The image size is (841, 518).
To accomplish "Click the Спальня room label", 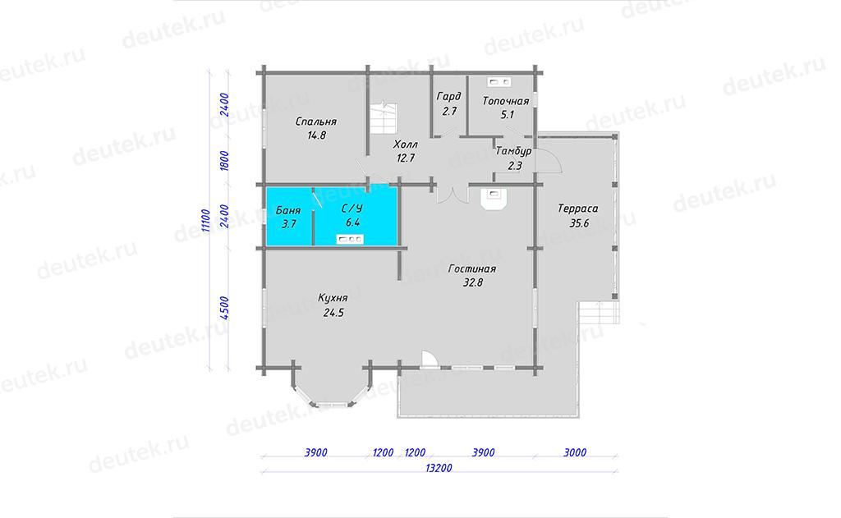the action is pos(316,121).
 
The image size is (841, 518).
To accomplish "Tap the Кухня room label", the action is pos(333,298).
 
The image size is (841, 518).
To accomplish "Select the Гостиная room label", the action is pos(472,268).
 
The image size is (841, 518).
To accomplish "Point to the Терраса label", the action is pos(577,209).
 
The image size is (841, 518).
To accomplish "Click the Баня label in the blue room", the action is pos(288,210).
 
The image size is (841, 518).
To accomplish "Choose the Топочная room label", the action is pos(506,101).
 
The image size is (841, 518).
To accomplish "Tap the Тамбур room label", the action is pos(513,151).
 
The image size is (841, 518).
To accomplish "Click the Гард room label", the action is pos(449,97).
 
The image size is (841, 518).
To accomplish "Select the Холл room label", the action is pos(405,144).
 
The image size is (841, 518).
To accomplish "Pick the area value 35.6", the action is pos(579,223).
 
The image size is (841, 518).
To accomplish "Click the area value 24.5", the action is pos(333,313).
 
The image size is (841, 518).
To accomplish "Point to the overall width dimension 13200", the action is pos(439,468).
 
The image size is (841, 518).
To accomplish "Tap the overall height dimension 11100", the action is pos(205,220).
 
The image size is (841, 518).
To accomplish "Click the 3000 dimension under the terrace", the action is pos(575,452).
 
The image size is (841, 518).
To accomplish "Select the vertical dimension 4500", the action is pos(224,309).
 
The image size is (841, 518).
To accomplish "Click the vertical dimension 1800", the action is pos(224,161).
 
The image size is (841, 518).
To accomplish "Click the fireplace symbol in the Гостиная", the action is pos(494,198).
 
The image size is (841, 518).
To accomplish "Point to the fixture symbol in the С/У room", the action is pos(350,239).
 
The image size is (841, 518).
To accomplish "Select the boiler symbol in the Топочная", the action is pos(499,82).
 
